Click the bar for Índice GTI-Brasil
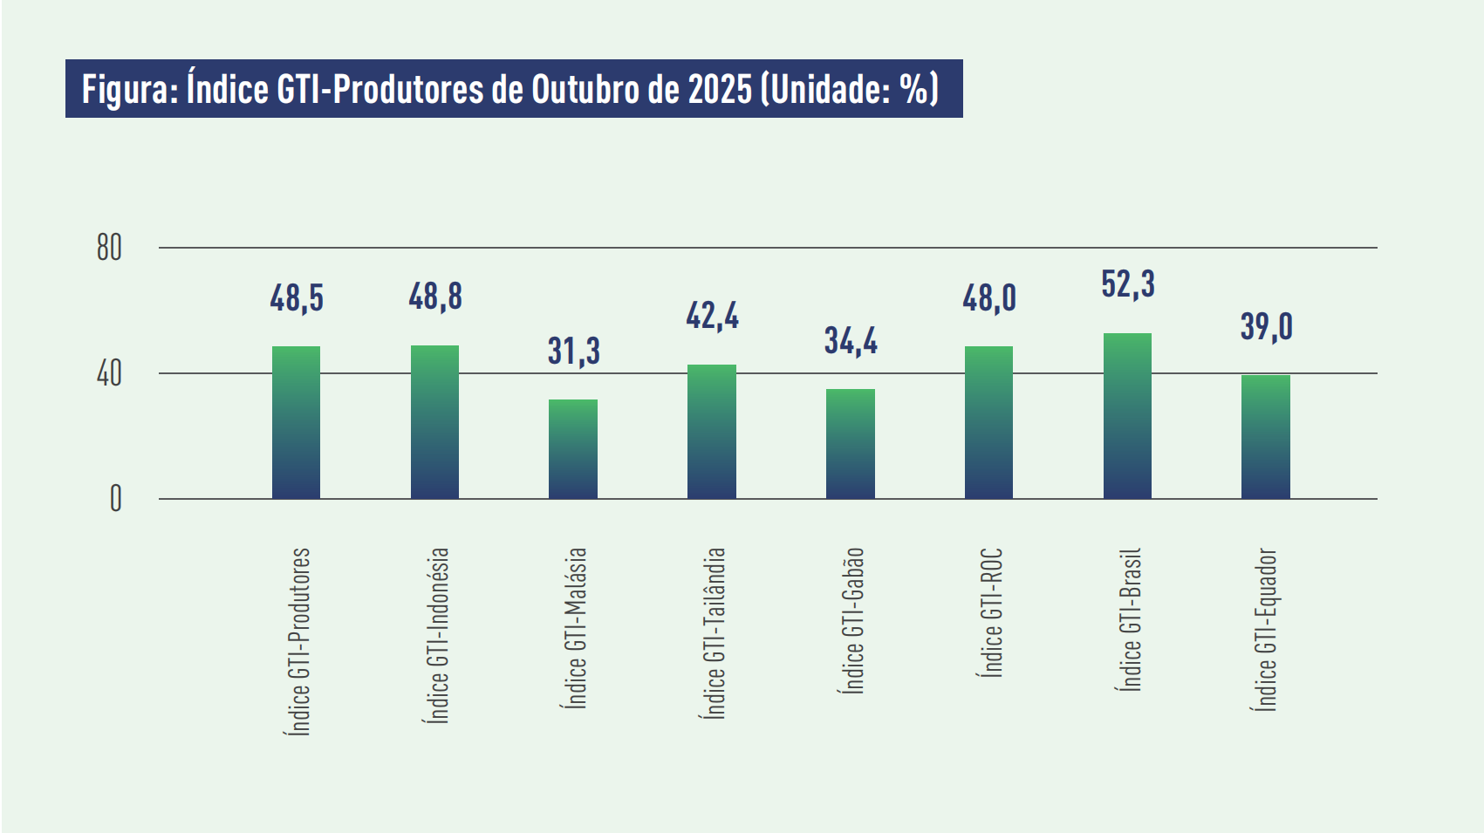[1127, 416]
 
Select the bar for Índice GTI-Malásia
[573, 449]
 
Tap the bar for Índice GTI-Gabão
[851, 444]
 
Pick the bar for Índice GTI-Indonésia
[434, 422]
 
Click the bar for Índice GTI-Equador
[1266, 437]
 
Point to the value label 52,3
[1127, 284]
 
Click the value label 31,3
[573, 351]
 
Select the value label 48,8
[434, 297]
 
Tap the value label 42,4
[712, 316]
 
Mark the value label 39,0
[1266, 327]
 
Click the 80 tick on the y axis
[109, 249]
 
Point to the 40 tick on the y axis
[109, 374]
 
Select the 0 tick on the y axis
[115, 499]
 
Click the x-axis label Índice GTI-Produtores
[298, 641]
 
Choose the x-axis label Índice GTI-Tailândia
[715, 632]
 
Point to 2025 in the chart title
[720, 89]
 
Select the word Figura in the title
[128, 89]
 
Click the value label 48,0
[989, 298]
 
